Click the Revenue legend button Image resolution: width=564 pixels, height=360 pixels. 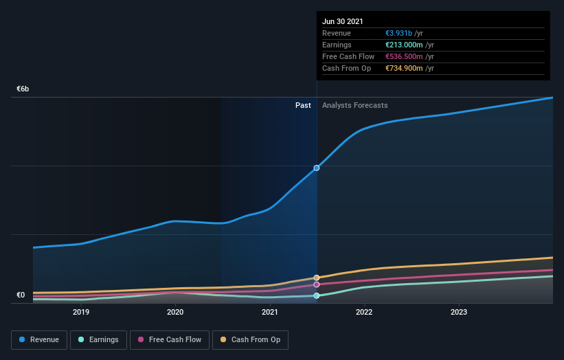(40, 339)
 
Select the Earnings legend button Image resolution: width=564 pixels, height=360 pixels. (98, 339)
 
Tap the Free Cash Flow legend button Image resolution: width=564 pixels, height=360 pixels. (170, 339)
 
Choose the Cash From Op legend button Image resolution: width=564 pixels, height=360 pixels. (250, 339)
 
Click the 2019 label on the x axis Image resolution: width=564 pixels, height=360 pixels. (81, 312)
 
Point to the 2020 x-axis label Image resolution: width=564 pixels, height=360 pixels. (175, 312)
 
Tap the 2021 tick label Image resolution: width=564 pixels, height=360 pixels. (270, 312)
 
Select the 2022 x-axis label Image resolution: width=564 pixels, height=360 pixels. (364, 312)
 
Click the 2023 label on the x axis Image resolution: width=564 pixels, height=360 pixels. (458, 312)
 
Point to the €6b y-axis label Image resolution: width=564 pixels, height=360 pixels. (23, 89)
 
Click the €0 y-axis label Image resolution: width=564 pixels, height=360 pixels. (21, 295)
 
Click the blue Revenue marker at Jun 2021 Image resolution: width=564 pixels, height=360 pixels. (317, 168)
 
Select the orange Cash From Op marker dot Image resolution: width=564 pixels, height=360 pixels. (317, 278)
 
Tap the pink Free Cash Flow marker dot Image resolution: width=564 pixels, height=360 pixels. (317, 284)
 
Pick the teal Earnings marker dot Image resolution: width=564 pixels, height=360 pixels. (317, 295)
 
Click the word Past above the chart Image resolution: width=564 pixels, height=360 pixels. (303, 105)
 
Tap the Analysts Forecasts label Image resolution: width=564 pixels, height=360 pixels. (354, 105)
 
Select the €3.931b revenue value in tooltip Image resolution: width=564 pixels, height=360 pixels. (399, 33)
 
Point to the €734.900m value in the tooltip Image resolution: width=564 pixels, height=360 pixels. (405, 68)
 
